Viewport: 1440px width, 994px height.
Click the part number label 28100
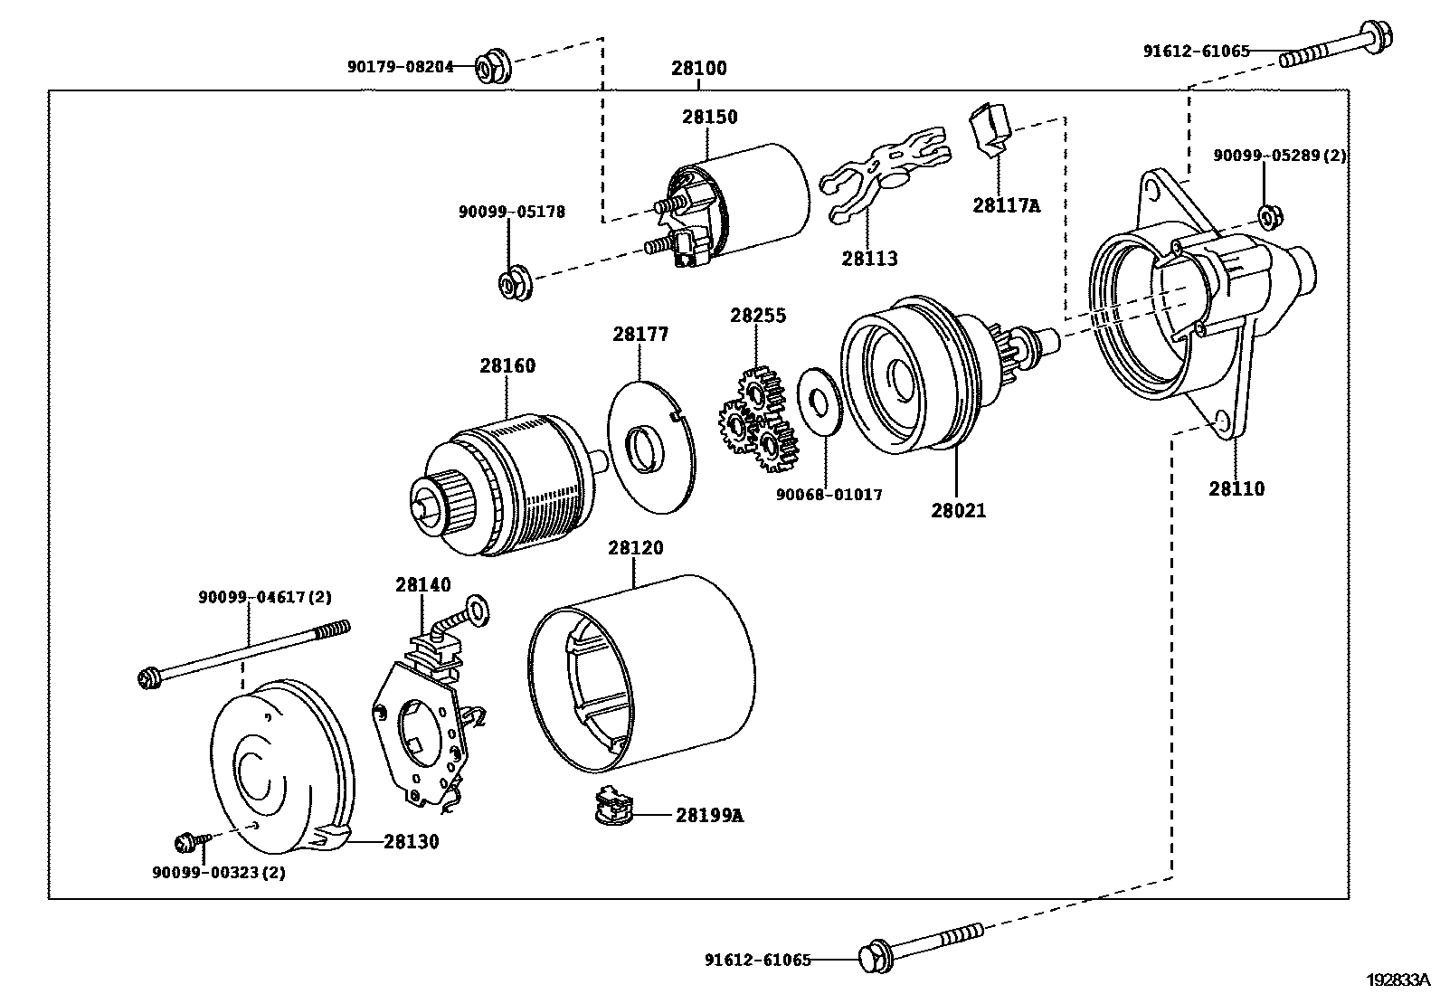pyautogui.click(x=698, y=68)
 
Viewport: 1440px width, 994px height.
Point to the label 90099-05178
pyautogui.click(x=511, y=212)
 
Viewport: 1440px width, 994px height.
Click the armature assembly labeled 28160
pyautogui.click(x=507, y=484)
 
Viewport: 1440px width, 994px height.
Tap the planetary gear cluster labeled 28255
pyautogui.click(x=758, y=421)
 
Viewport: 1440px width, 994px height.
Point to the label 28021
pyautogui.click(x=958, y=510)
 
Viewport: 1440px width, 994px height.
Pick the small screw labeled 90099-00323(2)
pyautogui.click(x=188, y=843)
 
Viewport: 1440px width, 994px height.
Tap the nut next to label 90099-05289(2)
pyautogui.click(x=1268, y=216)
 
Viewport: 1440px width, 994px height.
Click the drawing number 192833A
pyautogui.click(x=1398, y=979)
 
